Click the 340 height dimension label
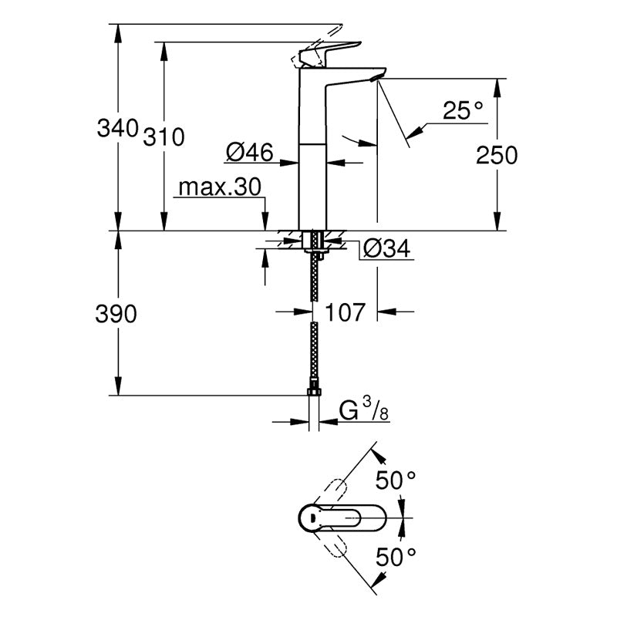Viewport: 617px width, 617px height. tap(118, 128)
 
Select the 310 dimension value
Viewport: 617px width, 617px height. tap(164, 137)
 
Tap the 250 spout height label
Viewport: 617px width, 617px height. tap(497, 155)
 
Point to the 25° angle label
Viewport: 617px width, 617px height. tap(463, 110)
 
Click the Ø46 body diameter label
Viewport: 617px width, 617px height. tap(249, 152)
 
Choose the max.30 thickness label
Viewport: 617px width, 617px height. tap(220, 187)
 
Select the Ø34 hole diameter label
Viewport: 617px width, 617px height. tap(387, 248)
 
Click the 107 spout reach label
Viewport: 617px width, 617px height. tap(345, 312)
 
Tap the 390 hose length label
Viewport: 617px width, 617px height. tap(116, 314)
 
